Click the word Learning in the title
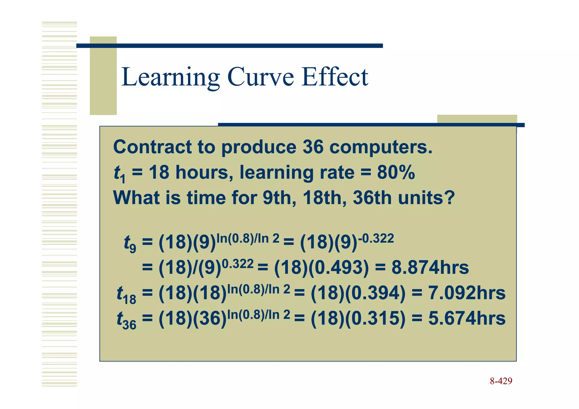(x=170, y=77)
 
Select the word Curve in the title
(x=260, y=77)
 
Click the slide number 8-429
(x=501, y=381)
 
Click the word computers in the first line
(x=381, y=148)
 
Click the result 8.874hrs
(x=430, y=267)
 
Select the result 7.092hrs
(x=467, y=293)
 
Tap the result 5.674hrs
(x=467, y=318)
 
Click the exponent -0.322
(x=376, y=239)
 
